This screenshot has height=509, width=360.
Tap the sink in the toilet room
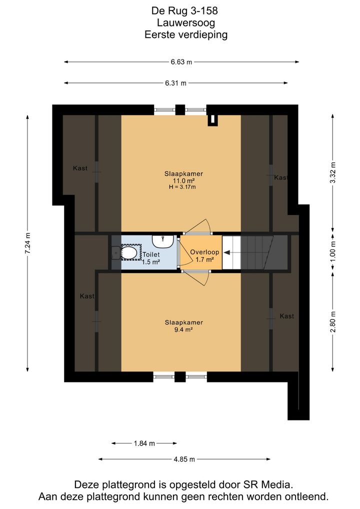point(162,241)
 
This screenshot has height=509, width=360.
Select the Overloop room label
point(204,252)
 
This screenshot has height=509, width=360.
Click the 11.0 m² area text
point(184,180)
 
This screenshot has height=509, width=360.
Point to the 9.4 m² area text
point(183,329)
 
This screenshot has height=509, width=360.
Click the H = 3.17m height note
point(182,187)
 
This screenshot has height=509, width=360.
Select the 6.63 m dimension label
point(181,61)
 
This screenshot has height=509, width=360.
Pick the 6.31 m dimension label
point(175,83)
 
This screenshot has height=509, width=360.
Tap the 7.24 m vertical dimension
point(27,243)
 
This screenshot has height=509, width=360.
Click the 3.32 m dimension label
point(332,172)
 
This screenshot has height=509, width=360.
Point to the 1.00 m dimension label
point(332,252)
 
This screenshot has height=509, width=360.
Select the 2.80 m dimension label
point(332,322)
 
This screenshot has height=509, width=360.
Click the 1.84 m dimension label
point(144,443)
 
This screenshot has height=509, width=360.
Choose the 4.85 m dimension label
point(184,459)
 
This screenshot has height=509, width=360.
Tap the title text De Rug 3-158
point(184,10)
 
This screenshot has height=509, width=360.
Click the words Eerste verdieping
point(186,34)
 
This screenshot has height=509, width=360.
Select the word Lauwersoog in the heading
point(186,22)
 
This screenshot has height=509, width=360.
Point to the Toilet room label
point(151,255)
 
